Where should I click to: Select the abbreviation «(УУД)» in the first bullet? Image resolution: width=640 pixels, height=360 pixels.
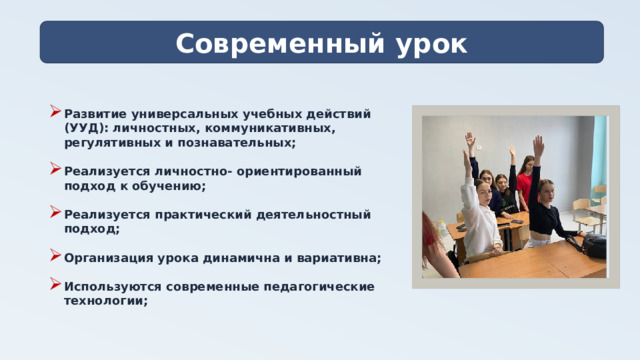(85, 129)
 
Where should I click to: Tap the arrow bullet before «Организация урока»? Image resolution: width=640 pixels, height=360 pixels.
(53, 257)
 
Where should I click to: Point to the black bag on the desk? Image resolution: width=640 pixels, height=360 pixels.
(593, 244)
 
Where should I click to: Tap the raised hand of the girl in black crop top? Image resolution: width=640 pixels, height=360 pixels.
(539, 146)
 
